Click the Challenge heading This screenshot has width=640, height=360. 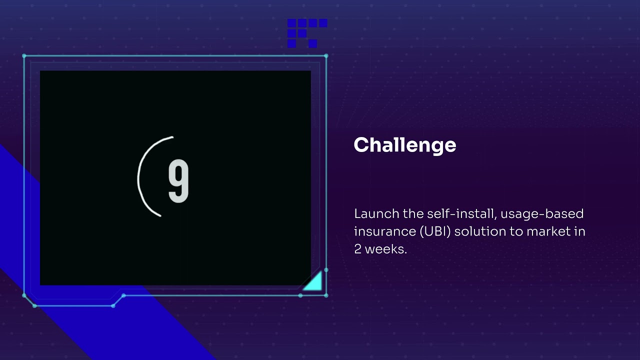pyautogui.click(x=404, y=145)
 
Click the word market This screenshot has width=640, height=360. pyautogui.click(x=542, y=231)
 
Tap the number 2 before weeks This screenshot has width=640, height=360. pyautogui.click(x=357, y=249)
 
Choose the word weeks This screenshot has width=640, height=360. pyautogui.click(x=385, y=249)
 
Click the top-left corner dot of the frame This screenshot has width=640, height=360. pyautogui.click(x=24, y=56)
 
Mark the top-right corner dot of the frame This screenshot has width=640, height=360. pyautogui.click(x=326, y=56)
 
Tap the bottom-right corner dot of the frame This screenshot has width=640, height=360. pyautogui.click(x=326, y=295)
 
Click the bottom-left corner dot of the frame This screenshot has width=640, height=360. pyautogui.click(x=24, y=295)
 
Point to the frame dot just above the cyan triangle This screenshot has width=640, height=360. pyautogui.click(x=326, y=270)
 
